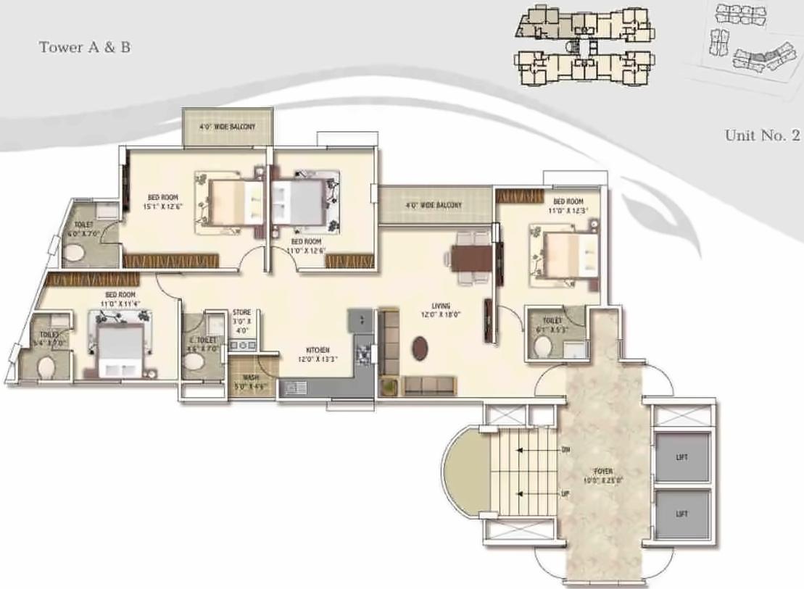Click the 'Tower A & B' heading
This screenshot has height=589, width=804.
85,49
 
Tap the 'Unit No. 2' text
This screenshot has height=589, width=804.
762,135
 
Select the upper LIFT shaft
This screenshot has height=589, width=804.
681,457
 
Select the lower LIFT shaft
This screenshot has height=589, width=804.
681,514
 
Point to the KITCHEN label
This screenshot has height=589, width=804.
318,349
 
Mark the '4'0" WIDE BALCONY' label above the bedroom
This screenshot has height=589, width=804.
227,127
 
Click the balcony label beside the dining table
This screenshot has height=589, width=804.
434,206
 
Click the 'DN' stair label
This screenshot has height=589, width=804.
565,449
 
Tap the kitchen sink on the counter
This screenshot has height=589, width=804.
297,388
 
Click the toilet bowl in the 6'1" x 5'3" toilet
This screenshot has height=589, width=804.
541,347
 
